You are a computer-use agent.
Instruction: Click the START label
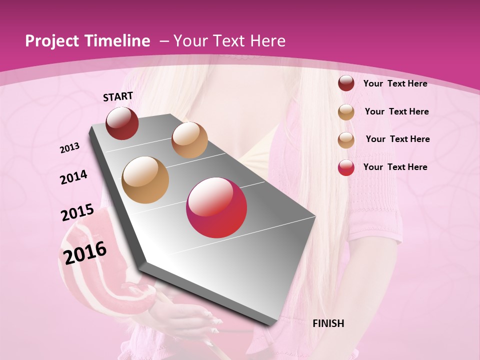tap(118, 96)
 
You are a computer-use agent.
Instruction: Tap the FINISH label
tap(328, 323)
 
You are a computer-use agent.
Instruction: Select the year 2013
tap(69, 148)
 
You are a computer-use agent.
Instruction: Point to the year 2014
tap(74, 177)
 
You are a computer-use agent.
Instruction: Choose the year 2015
tap(77, 212)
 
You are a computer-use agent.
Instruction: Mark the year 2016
tap(85, 253)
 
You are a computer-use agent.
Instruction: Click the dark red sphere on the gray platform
tap(122, 123)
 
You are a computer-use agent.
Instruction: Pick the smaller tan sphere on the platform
tap(189, 140)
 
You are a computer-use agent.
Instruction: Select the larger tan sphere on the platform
tap(145, 180)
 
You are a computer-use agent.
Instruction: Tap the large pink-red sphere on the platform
tap(216, 207)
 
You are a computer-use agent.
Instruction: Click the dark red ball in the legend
tap(346, 83)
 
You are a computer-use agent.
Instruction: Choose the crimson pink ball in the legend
tap(346, 167)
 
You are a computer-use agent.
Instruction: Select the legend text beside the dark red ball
tap(395, 83)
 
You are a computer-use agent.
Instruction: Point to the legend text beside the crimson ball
tap(395, 167)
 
